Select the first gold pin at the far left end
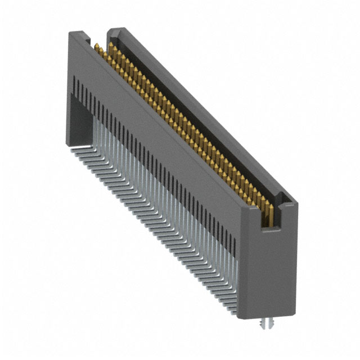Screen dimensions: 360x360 97,47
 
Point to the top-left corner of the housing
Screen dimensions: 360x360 70,34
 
